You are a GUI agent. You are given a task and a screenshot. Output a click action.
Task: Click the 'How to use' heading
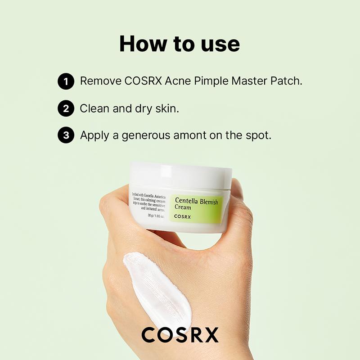(180, 44)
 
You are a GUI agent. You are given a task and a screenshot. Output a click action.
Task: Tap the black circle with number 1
(66, 82)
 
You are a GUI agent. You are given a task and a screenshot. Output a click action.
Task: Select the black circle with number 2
(66, 109)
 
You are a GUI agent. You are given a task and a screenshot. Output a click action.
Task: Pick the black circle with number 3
(66, 136)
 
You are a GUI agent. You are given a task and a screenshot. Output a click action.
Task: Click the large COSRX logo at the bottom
(180, 335)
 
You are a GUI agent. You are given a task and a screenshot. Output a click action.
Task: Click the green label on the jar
(196, 207)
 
